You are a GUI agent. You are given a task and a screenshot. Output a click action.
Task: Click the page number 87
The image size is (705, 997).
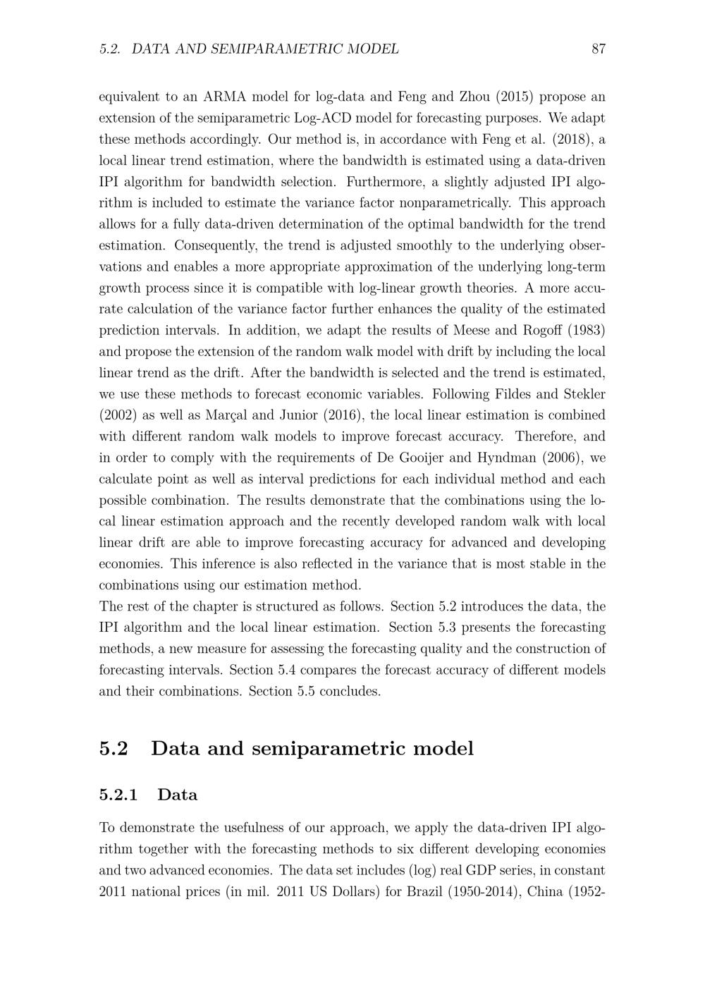599,49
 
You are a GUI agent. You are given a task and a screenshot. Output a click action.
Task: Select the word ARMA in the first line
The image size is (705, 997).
225,97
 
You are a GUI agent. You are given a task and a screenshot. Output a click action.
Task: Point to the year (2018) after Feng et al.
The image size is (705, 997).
568,139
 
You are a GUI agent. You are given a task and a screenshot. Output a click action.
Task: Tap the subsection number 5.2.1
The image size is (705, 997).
118,795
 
